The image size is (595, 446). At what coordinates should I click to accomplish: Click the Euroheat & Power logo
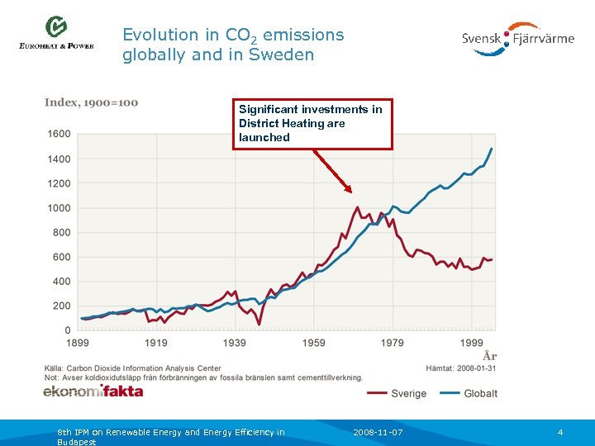point(56,35)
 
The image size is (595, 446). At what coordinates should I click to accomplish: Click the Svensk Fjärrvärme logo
point(517,38)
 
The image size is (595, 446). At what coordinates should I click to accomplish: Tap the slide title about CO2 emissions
point(233,45)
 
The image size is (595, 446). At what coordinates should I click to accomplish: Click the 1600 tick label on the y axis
point(59,134)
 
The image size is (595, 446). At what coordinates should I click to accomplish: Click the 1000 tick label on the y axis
point(59,208)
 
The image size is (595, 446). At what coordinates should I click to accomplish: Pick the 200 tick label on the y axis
point(61,306)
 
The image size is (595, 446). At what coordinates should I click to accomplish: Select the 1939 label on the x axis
point(235,343)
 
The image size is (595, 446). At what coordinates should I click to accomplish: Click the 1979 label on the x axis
point(392,343)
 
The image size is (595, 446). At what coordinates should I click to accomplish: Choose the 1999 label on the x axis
point(471,343)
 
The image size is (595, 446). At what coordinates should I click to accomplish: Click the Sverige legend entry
point(396,393)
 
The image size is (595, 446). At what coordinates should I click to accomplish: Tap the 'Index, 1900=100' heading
point(91,102)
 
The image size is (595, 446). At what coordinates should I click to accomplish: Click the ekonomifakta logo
point(93,391)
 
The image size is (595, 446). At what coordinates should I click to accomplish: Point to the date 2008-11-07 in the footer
point(378,432)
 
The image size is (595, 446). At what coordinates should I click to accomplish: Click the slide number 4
point(559,432)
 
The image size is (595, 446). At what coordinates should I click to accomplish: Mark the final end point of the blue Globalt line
point(492,149)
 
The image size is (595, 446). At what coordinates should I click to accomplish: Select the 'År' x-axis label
point(489,356)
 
